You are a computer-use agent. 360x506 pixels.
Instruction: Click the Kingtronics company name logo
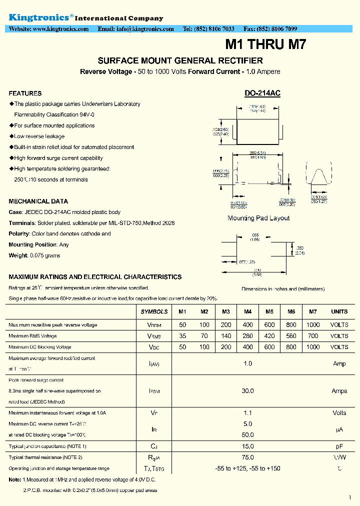[x=41, y=17]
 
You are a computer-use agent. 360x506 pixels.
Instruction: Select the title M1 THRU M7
[x=265, y=45]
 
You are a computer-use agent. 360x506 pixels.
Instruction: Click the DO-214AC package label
[x=262, y=93]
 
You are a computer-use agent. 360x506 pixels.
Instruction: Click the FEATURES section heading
[x=25, y=93]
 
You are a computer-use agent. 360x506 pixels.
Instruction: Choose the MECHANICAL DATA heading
[x=38, y=201]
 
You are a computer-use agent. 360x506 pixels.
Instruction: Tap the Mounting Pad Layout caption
[x=258, y=218]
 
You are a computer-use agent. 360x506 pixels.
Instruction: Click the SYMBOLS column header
[x=154, y=311]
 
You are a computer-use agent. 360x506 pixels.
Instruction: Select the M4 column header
[x=247, y=311]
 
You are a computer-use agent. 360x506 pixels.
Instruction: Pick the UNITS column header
[x=339, y=311]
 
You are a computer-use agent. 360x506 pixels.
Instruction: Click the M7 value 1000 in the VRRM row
[x=312, y=325]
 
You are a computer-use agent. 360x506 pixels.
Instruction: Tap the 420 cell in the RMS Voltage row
[x=269, y=336]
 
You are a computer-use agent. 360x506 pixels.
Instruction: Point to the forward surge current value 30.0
[x=247, y=391]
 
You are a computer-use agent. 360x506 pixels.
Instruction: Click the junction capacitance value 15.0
[x=247, y=446]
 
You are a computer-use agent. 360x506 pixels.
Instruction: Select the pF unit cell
[x=339, y=446]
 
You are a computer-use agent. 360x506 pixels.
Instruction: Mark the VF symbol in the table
[x=154, y=413]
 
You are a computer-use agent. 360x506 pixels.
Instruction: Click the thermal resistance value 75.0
[x=247, y=457]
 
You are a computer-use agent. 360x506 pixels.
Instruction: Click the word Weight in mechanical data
[x=18, y=255]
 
